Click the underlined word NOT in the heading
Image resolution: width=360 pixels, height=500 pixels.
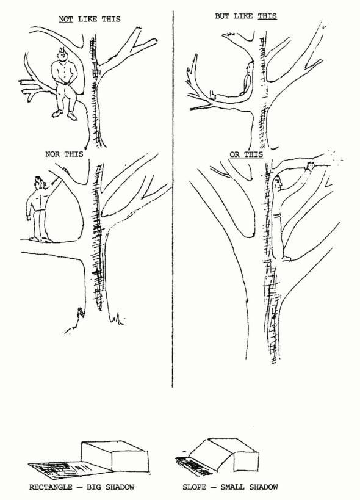66,19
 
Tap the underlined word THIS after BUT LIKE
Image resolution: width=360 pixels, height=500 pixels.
267,16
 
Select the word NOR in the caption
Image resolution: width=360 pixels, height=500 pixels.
52,154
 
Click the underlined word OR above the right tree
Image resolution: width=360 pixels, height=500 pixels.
234,154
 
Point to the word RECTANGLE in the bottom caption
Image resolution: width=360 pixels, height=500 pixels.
51,487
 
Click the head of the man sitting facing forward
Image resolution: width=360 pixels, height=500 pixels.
62,54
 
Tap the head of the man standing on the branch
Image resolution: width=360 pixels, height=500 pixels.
38,183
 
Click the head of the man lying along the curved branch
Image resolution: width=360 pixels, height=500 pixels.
249,68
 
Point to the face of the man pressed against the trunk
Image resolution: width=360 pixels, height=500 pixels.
278,183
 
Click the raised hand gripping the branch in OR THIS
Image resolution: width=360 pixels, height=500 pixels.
310,165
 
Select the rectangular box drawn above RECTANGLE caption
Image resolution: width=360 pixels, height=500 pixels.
114,457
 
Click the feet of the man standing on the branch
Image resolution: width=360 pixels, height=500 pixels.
41,239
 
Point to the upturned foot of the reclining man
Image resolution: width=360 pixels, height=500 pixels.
212,95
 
